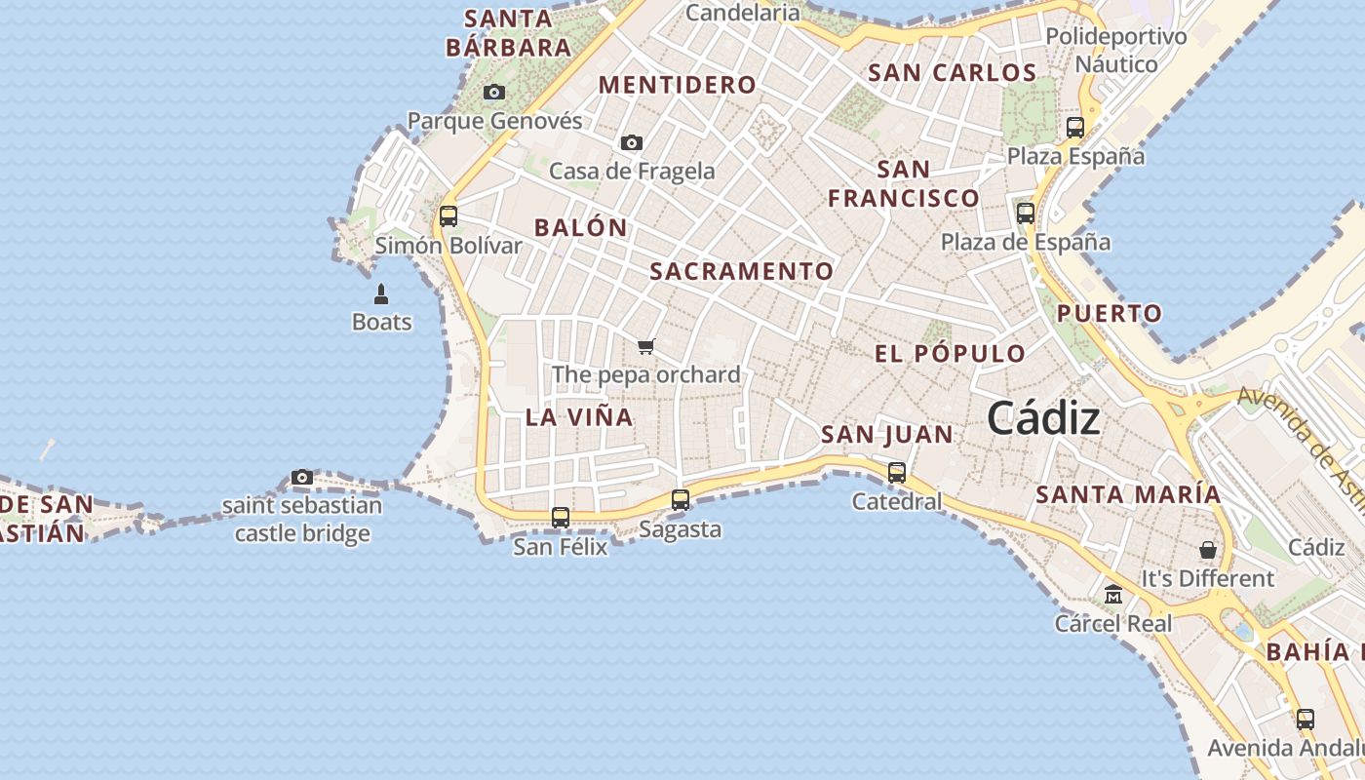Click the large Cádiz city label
[x=1043, y=418]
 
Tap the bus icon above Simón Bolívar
[x=448, y=215]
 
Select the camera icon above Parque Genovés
[x=494, y=92]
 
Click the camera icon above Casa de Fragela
[x=632, y=142]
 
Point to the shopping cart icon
[x=645, y=346]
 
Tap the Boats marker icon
[x=381, y=293]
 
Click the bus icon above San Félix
[x=561, y=518]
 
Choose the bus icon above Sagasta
[x=681, y=500]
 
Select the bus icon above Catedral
[x=897, y=473]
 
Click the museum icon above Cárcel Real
[x=1113, y=594]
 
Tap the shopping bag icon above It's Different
[x=1208, y=550]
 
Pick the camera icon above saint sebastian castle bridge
[x=302, y=477]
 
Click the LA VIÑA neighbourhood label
[x=579, y=417]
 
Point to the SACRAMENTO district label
[x=742, y=271]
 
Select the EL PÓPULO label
[x=950, y=353]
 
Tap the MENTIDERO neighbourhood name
[x=678, y=85]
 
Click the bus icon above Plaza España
[x=1075, y=127]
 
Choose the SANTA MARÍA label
[x=1128, y=494]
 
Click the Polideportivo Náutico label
[x=1116, y=51]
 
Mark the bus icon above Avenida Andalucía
[x=1306, y=720]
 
